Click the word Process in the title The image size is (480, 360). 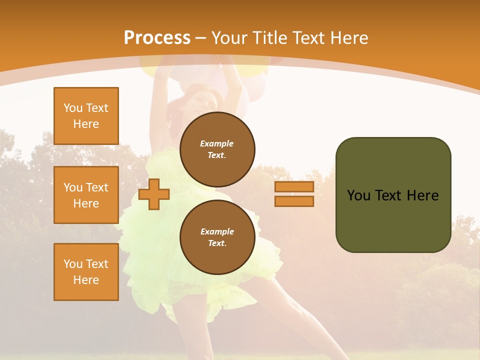click(x=157, y=38)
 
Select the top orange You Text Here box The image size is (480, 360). click(x=86, y=116)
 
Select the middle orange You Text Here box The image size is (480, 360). click(x=86, y=195)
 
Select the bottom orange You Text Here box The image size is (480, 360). click(x=86, y=272)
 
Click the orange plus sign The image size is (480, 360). click(x=154, y=194)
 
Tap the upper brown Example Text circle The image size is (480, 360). click(x=217, y=149)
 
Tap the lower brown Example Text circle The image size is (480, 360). click(x=217, y=237)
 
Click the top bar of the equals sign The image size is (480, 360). click(x=294, y=186)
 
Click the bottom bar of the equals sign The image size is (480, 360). click(x=294, y=201)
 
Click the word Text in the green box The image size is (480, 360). click(x=389, y=195)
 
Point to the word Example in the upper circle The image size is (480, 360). click(x=217, y=143)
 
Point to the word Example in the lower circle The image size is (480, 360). click(x=217, y=231)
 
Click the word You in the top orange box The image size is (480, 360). click(x=72, y=108)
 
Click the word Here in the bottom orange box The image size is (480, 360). click(x=86, y=280)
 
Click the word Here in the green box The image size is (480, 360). click(x=422, y=195)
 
